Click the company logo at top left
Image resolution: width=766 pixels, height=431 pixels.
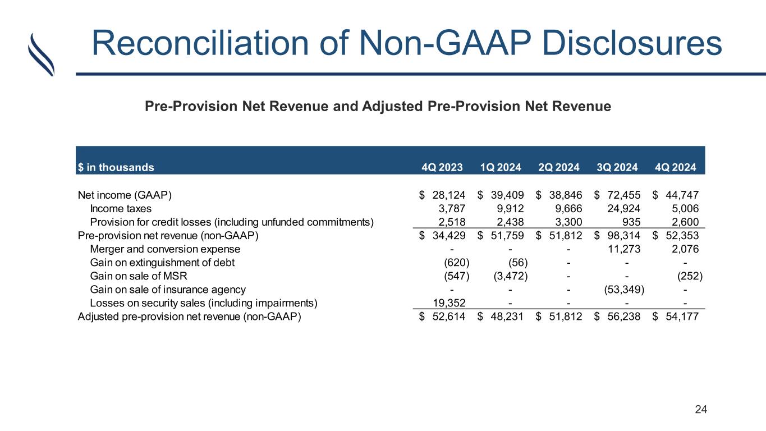pos(41,54)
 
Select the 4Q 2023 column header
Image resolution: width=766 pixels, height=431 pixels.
pos(442,167)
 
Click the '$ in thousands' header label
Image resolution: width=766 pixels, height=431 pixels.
pos(116,167)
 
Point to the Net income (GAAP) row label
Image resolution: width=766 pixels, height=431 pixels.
pos(125,195)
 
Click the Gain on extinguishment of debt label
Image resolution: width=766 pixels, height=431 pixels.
pos(162,262)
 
